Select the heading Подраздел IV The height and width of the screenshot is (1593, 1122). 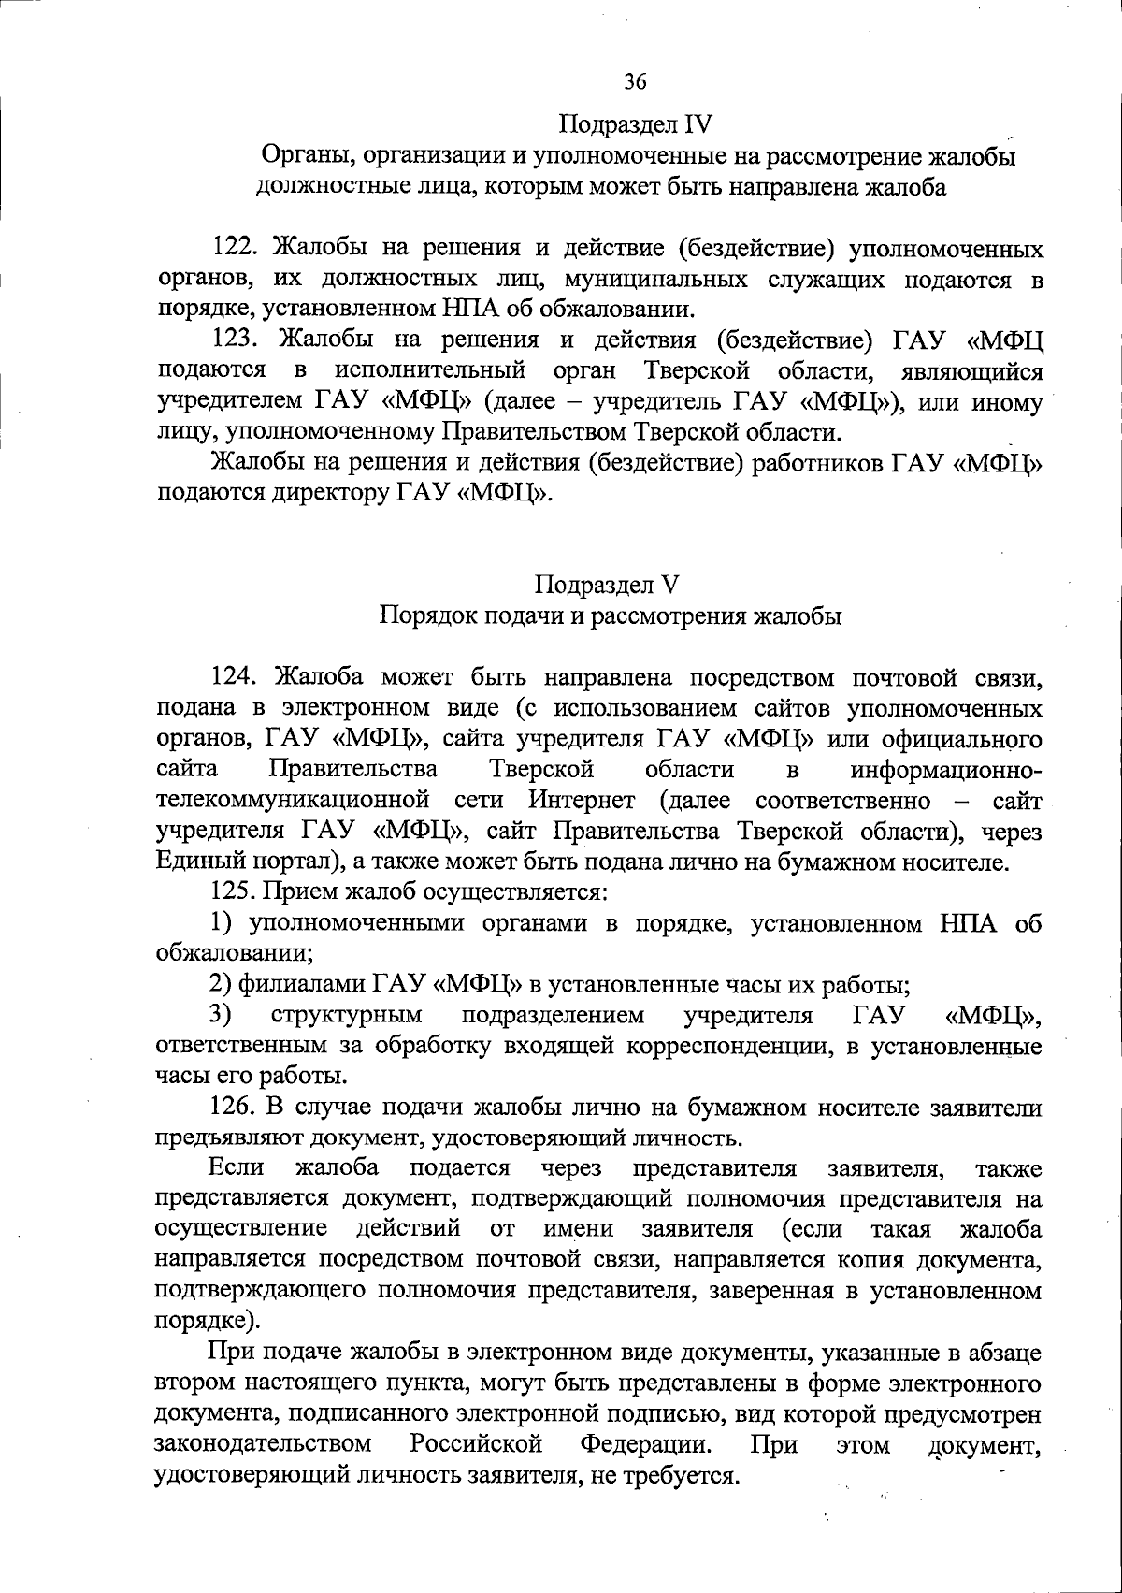[636, 123]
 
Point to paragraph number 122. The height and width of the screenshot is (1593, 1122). [234, 248]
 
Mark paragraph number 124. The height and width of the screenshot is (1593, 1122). [234, 676]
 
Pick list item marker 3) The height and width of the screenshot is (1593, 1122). [221, 1014]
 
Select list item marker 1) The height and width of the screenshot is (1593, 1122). [221, 922]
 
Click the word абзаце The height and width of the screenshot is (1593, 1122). [1000, 1353]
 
